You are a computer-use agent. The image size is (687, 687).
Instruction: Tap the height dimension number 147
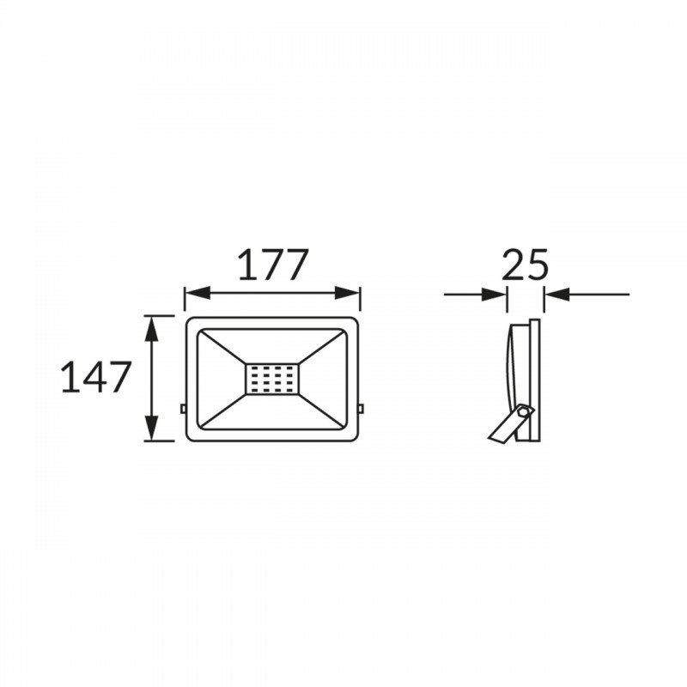pyautogui.click(x=96, y=376)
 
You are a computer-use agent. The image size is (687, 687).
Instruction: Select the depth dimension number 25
pyautogui.click(x=525, y=264)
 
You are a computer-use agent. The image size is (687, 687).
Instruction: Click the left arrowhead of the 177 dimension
pyautogui.click(x=198, y=293)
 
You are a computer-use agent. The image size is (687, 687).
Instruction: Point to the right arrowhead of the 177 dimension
pyautogui.click(x=348, y=293)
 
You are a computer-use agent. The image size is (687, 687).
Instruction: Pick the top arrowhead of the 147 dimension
pyautogui.click(x=152, y=329)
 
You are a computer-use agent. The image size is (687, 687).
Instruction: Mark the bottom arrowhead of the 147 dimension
pyautogui.click(x=152, y=428)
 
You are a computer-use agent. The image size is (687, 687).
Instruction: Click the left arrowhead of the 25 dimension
pyautogui.click(x=495, y=295)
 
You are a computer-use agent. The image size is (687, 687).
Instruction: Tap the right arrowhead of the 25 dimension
pyautogui.click(x=556, y=295)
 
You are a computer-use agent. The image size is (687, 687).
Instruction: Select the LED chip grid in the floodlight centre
pyautogui.click(x=271, y=379)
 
